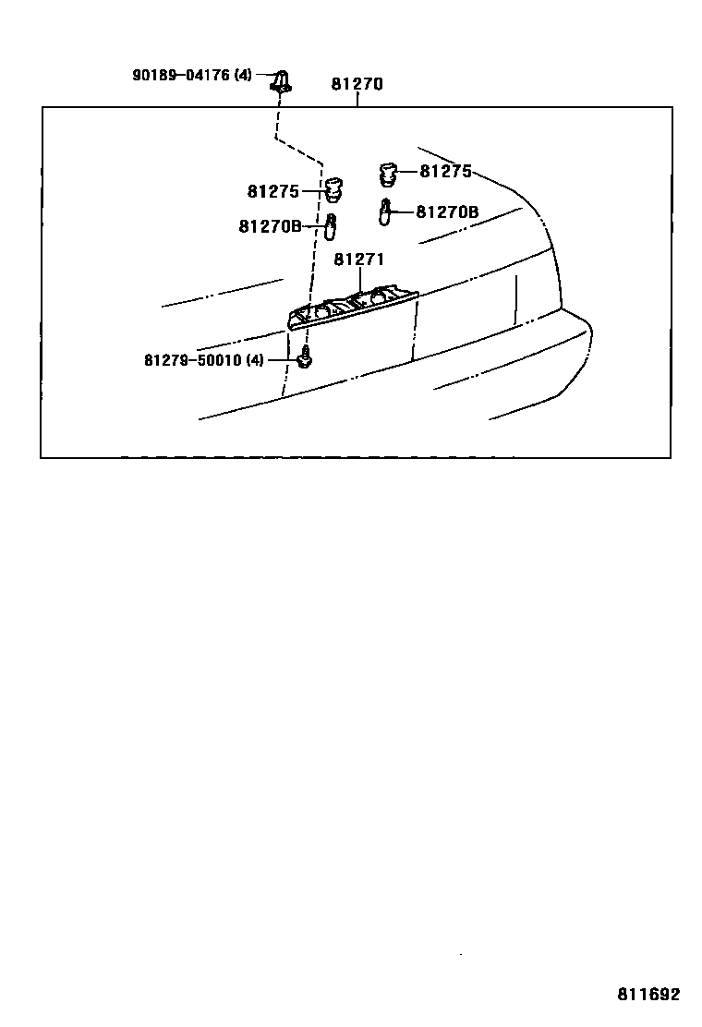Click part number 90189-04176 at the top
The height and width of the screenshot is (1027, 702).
pos(180,75)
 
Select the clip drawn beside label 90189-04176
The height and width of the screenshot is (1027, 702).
pos(281,81)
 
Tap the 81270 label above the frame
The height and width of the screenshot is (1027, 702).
pos(357,85)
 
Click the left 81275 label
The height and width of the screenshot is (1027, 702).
pos(273,191)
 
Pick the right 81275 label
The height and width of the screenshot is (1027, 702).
pos(445,171)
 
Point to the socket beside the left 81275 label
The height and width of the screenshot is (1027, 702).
pos(334,189)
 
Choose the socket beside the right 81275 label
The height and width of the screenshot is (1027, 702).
pos(389,173)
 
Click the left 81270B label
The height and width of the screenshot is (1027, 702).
pos(270,225)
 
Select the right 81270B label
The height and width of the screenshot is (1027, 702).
pos(447,211)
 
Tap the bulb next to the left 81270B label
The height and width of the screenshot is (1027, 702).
pos(330,224)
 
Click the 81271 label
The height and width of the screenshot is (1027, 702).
pos(358,260)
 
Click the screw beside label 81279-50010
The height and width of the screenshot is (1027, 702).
pos(304,357)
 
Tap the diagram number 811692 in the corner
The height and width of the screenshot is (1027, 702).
pos(648,995)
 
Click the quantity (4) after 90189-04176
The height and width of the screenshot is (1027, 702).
pos(242,75)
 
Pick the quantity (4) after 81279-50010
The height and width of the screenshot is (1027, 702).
pos(255,359)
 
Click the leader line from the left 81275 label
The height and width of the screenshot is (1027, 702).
pos(311,191)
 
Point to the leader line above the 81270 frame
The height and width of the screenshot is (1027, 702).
pos(357,100)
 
